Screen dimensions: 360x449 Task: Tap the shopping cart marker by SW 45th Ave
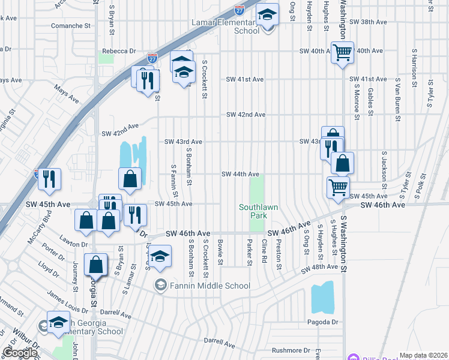[338, 187]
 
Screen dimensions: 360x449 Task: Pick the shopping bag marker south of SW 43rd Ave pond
[130, 178]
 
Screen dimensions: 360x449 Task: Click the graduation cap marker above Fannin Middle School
[160, 257]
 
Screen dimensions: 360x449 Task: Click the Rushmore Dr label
[291, 350]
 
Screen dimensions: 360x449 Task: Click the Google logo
[20, 353]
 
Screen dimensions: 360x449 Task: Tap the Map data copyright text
[424, 355]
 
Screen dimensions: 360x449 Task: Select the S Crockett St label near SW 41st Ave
[205, 79]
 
